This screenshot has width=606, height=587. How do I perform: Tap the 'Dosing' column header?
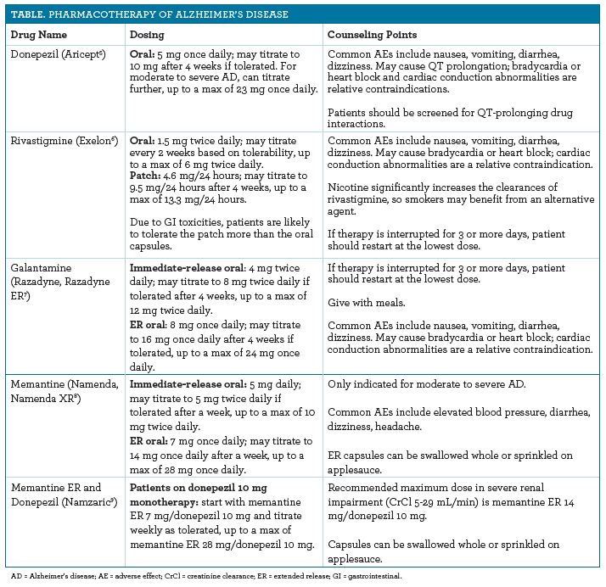pyautogui.click(x=146, y=35)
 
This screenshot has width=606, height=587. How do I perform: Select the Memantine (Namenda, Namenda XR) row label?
pyautogui.click(x=59, y=392)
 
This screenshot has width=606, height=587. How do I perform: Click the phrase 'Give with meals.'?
pyautogui.click(x=366, y=304)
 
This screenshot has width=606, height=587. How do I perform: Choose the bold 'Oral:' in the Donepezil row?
pyautogui.click(x=143, y=53)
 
